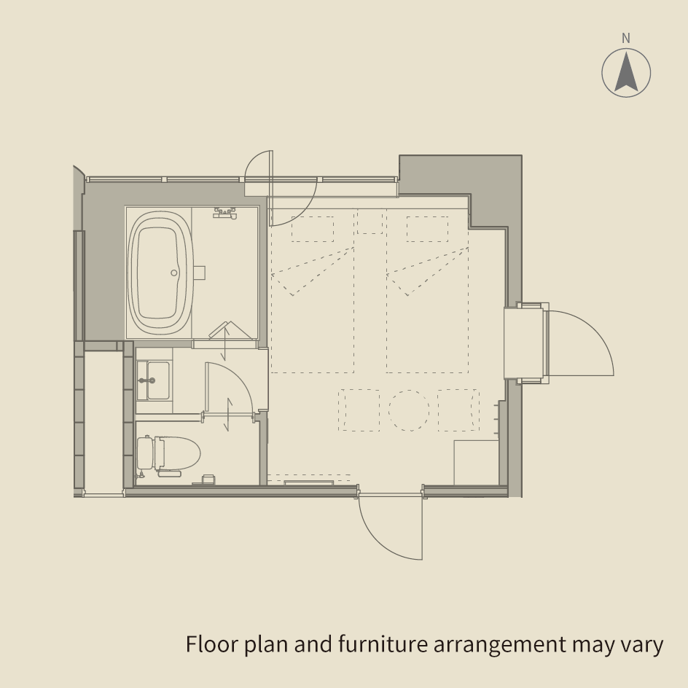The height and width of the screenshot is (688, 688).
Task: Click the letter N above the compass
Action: (626, 39)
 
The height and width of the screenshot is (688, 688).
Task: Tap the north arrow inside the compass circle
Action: (626, 71)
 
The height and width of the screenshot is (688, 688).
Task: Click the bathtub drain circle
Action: (173, 273)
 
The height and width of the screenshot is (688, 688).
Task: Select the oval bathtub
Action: (160, 273)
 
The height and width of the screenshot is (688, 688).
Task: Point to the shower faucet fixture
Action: (225, 213)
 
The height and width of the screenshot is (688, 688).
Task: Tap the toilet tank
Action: (145, 453)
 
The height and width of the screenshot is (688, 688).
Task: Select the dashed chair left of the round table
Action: (359, 410)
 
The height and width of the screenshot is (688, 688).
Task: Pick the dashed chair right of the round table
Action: (458, 410)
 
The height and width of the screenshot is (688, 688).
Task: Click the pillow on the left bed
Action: (313, 229)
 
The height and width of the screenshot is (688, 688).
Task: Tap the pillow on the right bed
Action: (427, 229)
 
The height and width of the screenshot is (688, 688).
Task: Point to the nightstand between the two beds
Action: (370, 222)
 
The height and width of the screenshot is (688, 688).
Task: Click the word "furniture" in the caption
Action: (383, 644)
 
